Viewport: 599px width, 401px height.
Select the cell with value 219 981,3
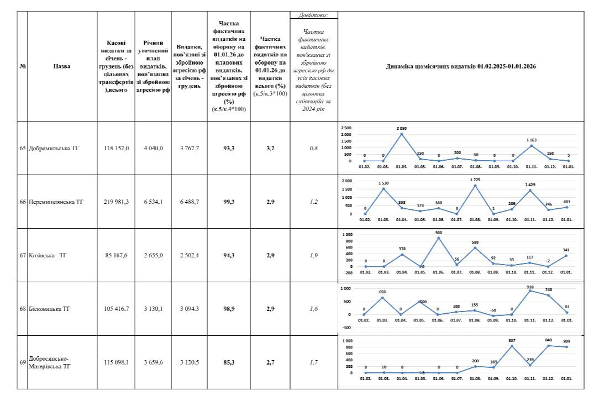point(116,202)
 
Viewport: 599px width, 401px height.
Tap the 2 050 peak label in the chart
point(402,128)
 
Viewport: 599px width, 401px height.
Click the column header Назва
point(62,66)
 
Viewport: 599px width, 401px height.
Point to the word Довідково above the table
point(313,15)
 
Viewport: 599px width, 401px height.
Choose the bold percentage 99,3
point(229,202)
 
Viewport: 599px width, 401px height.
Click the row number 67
point(23,256)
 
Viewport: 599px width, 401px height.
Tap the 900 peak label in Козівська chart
point(439,232)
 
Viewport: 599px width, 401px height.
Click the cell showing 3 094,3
point(190,309)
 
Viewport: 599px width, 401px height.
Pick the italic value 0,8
point(313,149)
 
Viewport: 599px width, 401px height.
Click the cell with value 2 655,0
point(153,256)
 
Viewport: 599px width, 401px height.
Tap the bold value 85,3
point(229,362)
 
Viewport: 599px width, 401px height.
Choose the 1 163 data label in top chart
point(532,140)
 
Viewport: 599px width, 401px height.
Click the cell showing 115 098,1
point(116,362)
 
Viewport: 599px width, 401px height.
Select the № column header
point(23,66)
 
